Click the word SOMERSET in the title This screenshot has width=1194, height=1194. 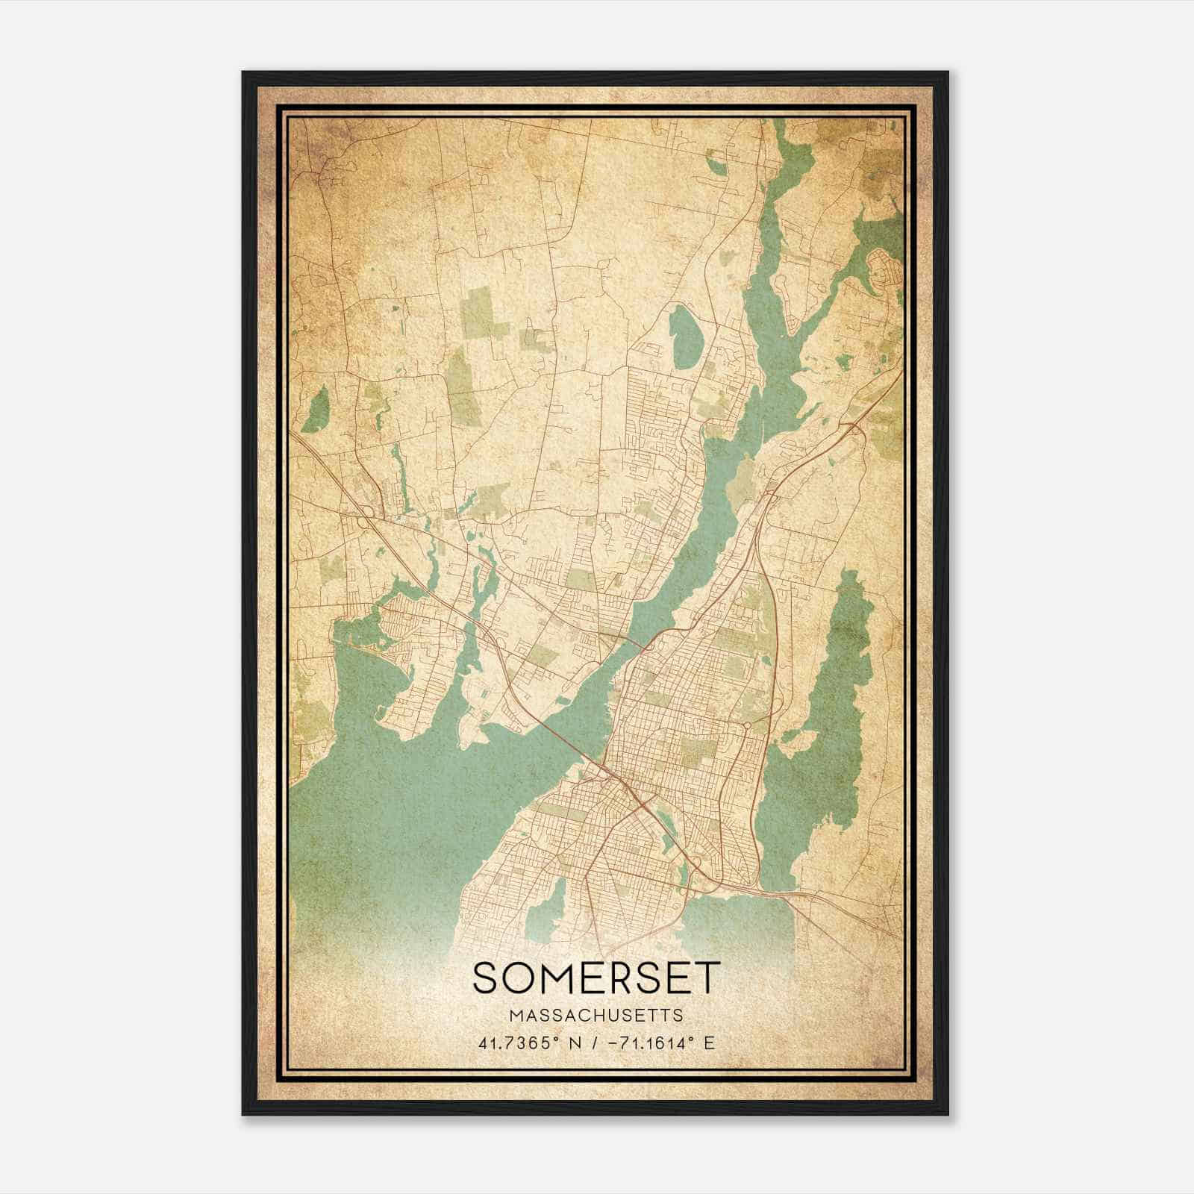pos(597,978)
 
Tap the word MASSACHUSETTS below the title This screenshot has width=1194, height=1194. pos(596,1016)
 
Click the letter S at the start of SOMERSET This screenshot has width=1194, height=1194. pos(486,978)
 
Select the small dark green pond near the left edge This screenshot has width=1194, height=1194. pos(316,411)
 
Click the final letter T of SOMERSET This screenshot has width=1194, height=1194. pos(708,978)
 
